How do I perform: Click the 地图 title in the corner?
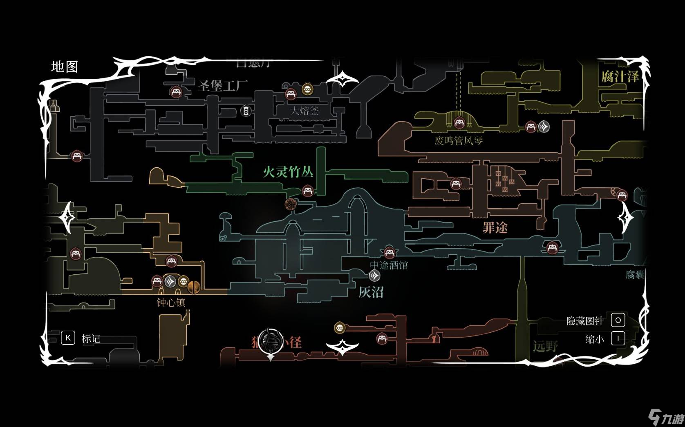coord(65,67)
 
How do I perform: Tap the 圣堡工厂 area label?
coord(223,86)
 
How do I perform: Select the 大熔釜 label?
coord(304,111)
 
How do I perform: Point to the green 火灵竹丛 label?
coord(288,172)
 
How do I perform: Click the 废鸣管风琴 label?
coord(459,141)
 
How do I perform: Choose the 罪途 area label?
coord(495,227)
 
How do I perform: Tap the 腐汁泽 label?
coord(620,76)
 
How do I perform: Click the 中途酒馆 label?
coord(389,265)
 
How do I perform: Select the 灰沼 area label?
coord(371,292)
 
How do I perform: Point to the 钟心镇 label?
coord(171,302)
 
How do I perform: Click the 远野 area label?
coord(545,347)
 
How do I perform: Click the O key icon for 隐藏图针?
coord(618,320)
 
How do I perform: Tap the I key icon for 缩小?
coord(618,338)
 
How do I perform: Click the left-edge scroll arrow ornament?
coord(67,218)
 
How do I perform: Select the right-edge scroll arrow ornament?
coord(625,218)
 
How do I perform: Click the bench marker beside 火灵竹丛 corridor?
coord(308,191)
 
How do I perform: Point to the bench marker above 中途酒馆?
coord(389,253)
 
